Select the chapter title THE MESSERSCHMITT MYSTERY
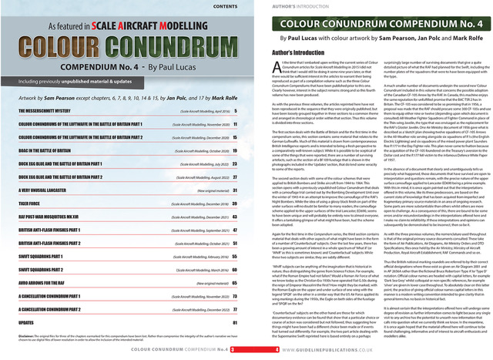(x=49, y=113)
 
